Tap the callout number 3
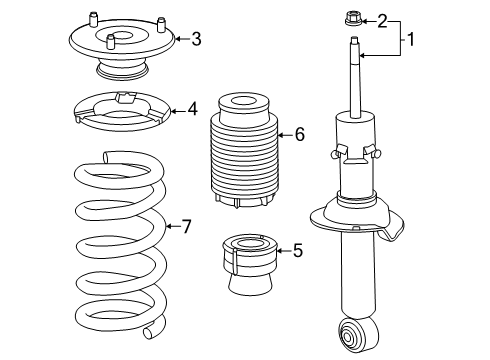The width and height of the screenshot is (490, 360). [196, 39]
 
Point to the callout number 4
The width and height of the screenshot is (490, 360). [192, 107]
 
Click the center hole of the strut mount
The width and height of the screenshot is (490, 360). [113, 39]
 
